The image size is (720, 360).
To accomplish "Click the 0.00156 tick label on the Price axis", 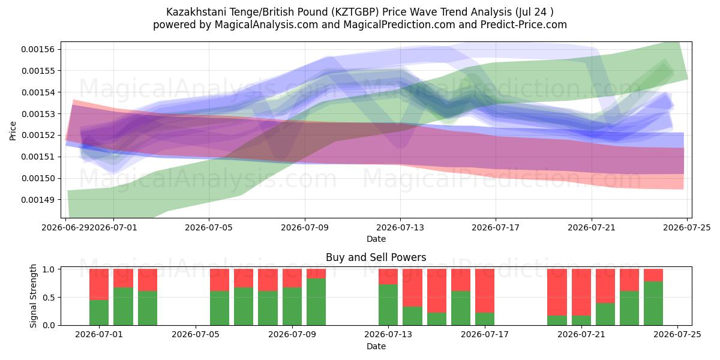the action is click(x=38, y=49).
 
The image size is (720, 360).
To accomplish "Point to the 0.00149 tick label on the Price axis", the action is click(x=38, y=200).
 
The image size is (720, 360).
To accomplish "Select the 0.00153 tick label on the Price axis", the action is click(x=38, y=114).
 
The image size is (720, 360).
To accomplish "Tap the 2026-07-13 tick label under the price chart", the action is click(x=400, y=227).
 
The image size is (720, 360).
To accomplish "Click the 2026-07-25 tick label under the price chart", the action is click(x=687, y=227).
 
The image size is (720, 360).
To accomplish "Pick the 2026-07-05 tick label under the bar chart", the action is click(x=196, y=334).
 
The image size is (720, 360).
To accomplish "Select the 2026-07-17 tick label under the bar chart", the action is click(x=485, y=334).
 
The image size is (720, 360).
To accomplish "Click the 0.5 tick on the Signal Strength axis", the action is click(x=49, y=298).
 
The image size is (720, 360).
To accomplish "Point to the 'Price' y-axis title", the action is click(x=13, y=131).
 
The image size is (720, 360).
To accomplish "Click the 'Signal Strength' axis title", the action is click(x=33, y=296).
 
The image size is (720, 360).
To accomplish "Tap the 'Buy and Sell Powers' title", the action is click(x=376, y=257).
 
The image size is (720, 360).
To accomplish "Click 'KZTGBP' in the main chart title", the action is click(x=356, y=12).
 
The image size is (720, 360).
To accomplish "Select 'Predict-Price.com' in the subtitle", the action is click(x=524, y=25).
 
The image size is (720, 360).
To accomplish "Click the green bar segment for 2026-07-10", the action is click(x=316, y=302).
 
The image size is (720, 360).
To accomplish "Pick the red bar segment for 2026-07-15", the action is click(x=437, y=291).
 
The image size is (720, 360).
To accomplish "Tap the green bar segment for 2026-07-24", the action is click(x=653, y=304).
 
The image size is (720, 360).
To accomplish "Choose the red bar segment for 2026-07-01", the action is click(x=99, y=284).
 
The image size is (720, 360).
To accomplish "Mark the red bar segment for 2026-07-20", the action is click(x=557, y=293).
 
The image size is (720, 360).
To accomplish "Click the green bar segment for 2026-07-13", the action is click(x=388, y=305).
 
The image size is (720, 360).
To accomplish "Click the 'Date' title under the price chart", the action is click(x=376, y=239).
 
